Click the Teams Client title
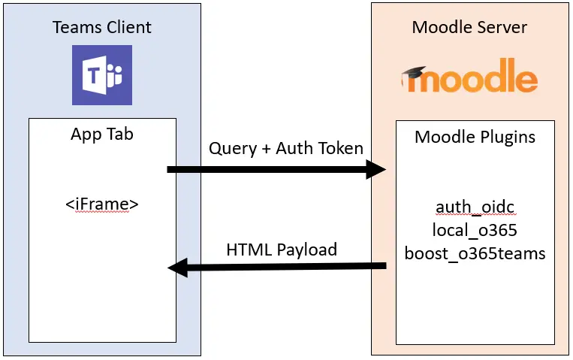tap(102, 27)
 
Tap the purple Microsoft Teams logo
tap(102, 75)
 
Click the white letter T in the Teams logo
tap(94, 76)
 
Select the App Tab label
tap(102, 135)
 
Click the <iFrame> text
tap(102, 204)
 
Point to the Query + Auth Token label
tap(286, 149)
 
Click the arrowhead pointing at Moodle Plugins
tap(376, 169)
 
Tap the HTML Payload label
tap(282, 250)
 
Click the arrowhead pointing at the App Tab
tap(177, 268)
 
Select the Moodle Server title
tap(469, 27)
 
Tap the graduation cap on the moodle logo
tap(414, 73)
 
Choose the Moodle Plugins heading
tap(475, 138)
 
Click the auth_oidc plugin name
tap(475, 207)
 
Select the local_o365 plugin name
tap(475, 230)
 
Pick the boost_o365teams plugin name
tap(475, 253)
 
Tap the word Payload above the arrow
tap(307, 250)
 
